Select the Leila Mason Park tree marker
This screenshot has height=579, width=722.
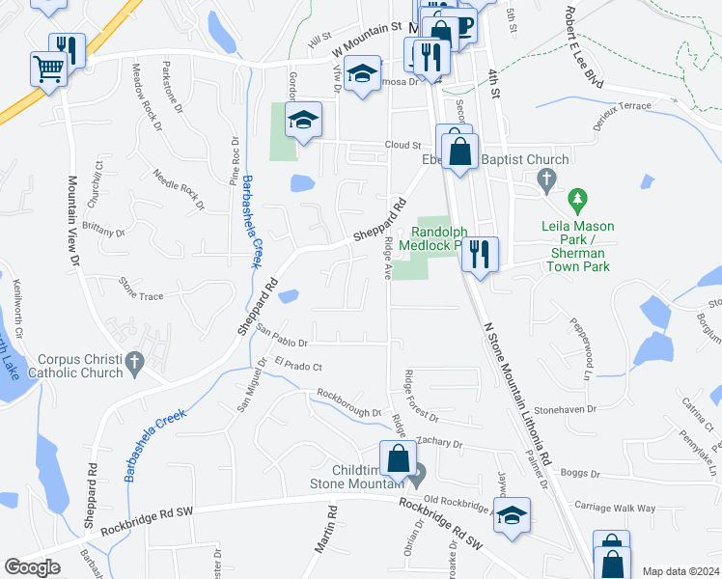click(x=578, y=201)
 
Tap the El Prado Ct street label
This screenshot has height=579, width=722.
click(x=297, y=366)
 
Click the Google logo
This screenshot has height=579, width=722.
click(x=33, y=567)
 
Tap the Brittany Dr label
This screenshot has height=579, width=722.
click(x=104, y=228)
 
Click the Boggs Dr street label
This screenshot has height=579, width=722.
click(x=580, y=474)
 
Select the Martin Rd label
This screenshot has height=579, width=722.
click(x=324, y=529)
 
